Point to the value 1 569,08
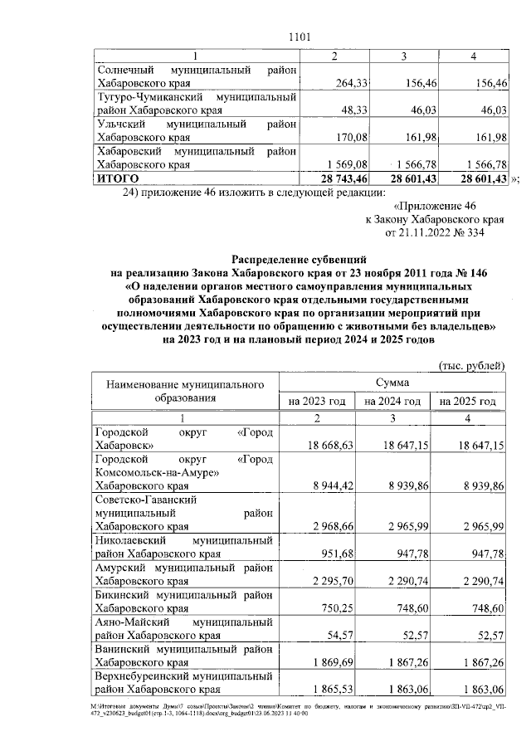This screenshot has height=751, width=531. coord(334,164)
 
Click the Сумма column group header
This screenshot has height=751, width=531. coord(390,383)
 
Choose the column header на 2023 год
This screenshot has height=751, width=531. coord(317,401)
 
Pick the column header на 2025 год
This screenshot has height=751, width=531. coord(469,401)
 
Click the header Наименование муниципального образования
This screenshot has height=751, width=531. coord(185,391)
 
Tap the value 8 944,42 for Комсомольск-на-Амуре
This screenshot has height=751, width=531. coord(333,485)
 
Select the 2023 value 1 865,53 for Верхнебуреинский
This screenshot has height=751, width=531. coord(333,689)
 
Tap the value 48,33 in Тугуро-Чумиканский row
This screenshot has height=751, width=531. coord(342,109)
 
